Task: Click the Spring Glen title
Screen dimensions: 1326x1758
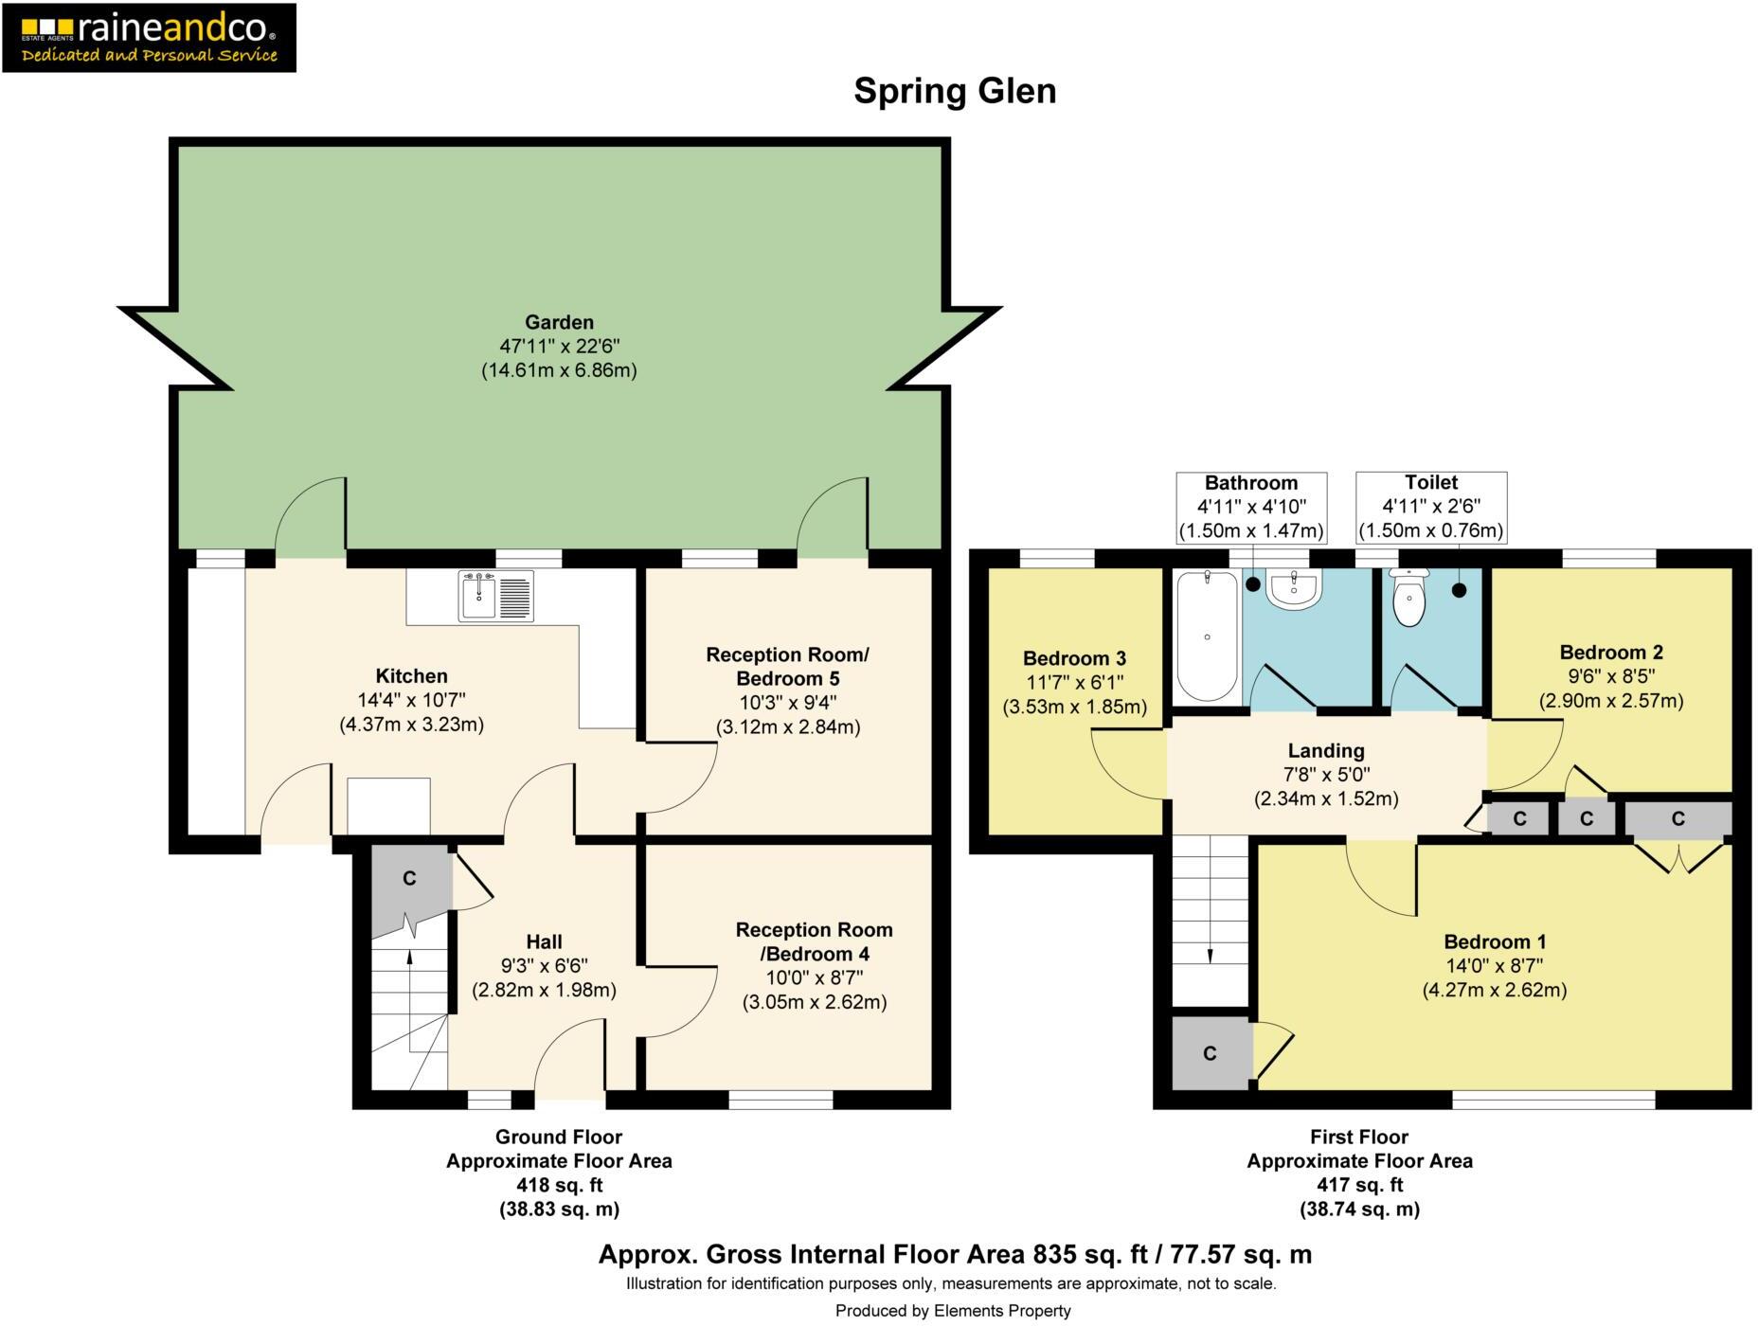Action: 954,91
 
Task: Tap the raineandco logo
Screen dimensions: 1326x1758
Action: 149,38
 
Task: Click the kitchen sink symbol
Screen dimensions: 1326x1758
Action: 495,595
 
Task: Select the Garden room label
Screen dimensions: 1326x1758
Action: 559,322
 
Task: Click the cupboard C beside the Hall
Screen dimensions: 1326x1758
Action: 409,879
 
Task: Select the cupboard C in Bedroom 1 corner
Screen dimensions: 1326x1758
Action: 1210,1053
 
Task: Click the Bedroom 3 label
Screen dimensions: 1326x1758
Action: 1074,658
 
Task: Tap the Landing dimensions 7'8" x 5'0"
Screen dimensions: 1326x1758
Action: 1326,775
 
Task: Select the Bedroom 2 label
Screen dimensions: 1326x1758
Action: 1610,652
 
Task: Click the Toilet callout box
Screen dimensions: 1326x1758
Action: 1430,508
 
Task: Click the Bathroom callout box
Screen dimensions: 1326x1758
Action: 1250,508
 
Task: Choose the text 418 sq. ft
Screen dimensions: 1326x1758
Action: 559,1185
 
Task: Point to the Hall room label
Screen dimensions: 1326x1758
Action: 544,941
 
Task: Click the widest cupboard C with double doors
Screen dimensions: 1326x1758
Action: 1677,818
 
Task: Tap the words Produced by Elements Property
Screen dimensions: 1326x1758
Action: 952,1311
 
